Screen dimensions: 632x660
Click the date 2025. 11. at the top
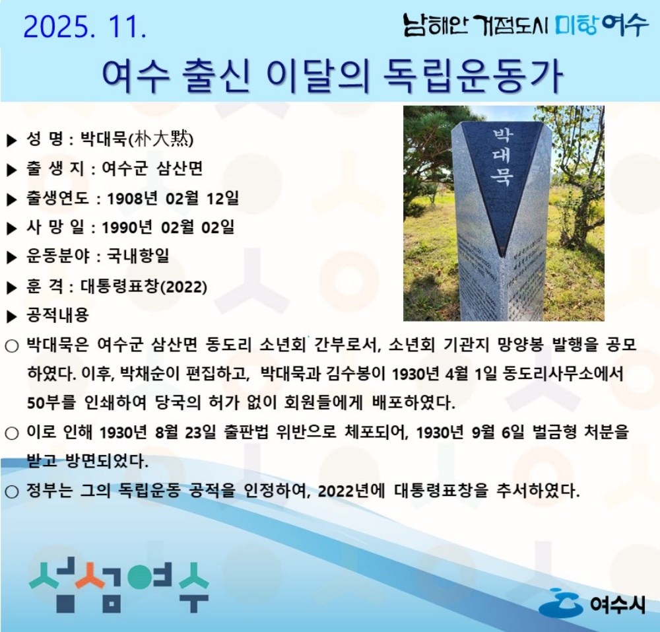pos(85,27)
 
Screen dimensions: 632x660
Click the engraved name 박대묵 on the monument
pos(502,158)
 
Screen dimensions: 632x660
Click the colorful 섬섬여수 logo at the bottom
pos(119,584)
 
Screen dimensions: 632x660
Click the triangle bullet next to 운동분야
pos(11,257)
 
